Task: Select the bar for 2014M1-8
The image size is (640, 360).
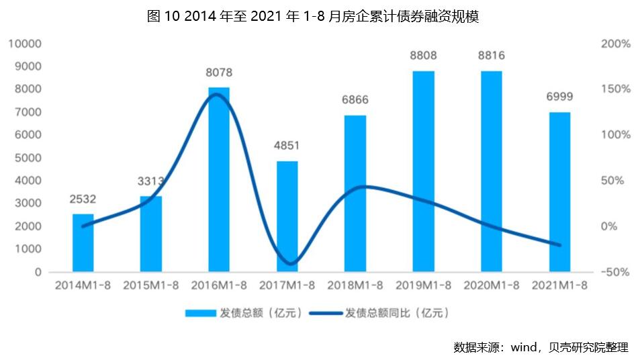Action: tap(83, 242)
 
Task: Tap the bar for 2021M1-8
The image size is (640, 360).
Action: tap(559, 192)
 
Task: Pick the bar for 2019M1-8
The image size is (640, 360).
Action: tap(423, 171)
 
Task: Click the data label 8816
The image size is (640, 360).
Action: tap(491, 56)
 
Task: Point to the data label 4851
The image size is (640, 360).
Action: tap(287, 146)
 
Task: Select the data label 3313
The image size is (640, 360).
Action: tap(151, 181)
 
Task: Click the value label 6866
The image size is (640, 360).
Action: tap(355, 100)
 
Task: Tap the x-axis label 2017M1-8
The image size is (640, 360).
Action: tap(287, 285)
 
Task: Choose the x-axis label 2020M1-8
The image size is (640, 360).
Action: tap(491, 285)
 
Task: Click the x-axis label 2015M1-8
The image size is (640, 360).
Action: tap(151, 285)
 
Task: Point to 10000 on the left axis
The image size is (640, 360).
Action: tap(26, 44)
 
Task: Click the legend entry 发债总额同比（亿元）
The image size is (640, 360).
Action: tap(396, 313)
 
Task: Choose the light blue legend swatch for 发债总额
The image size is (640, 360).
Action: tap(199, 313)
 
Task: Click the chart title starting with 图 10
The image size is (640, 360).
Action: tap(313, 17)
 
